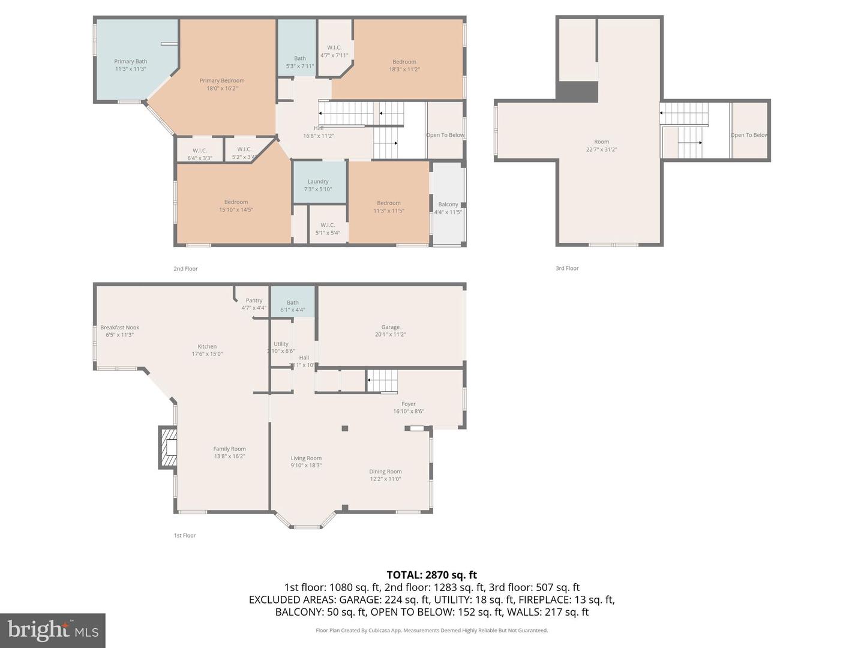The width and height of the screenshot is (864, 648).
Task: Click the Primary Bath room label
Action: tap(130, 65)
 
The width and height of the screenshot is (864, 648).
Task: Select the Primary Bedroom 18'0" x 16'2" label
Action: tap(222, 84)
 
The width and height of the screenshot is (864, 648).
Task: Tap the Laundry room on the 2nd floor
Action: tap(318, 185)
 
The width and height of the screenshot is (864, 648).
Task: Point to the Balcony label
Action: tap(448, 208)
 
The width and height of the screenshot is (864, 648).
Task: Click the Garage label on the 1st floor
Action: tap(391, 331)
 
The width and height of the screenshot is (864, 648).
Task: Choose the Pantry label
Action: tap(254, 304)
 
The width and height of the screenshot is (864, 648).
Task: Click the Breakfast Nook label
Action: tap(119, 331)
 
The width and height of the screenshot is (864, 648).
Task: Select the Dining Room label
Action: tap(385, 475)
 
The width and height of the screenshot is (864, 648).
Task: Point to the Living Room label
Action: tap(306, 461)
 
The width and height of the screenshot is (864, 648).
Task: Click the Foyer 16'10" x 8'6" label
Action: tap(409, 407)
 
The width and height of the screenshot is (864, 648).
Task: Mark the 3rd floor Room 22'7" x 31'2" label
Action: tap(601, 145)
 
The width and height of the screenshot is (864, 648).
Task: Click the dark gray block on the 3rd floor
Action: tap(577, 92)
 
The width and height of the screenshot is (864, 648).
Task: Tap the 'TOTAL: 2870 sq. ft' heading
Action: tap(432, 575)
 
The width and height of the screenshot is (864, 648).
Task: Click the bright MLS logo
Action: tap(53, 630)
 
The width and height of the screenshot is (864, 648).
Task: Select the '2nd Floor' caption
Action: tap(185, 269)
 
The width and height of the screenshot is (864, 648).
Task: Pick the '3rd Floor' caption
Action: tap(567, 268)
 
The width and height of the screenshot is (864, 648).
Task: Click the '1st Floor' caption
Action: tap(185, 535)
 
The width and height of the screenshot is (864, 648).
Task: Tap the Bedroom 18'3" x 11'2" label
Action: tap(404, 65)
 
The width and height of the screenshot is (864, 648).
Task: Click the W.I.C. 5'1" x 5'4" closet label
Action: tap(328, 229)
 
